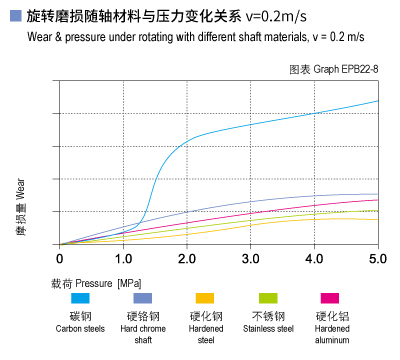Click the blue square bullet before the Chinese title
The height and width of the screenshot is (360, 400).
click(14, 15)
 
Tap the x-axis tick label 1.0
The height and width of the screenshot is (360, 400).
click(123, 260)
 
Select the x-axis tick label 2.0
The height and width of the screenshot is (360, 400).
click(187, 260)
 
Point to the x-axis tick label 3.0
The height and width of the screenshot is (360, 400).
click(251, 260)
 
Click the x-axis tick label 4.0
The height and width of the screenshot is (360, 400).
click(315, 260)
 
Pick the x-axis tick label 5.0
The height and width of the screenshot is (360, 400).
click(378, 260)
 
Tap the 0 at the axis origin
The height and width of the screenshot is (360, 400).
click(60, 260)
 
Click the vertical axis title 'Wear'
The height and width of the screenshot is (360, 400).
click(21, 187)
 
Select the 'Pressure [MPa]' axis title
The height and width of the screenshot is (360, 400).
click(102, 284)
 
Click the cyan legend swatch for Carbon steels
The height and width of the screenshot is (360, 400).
click(79, 299)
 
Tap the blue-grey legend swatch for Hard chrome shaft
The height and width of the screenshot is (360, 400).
click(142, 299)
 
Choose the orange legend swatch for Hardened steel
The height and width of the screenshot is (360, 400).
click(205, 299)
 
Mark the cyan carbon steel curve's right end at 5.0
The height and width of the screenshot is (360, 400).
click(378, 101)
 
